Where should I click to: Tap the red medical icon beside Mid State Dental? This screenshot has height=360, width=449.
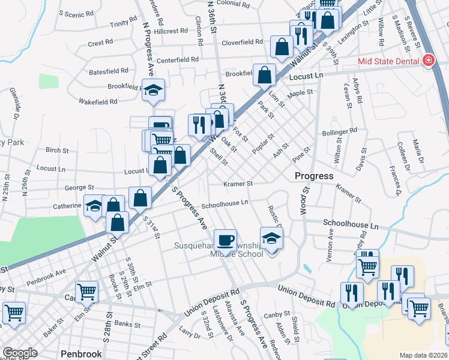tap(428, 60)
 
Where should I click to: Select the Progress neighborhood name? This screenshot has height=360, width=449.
tap(314, 176)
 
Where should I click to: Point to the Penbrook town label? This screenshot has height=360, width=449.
tap(82, 354)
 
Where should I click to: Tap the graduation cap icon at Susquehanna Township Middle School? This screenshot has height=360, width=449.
tap(271, 238)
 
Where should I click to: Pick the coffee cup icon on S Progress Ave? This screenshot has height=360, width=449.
tap(225, 240)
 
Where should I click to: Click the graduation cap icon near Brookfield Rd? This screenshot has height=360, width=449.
tap(153, 90)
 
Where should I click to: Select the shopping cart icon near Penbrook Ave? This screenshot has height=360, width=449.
tap(87, 292)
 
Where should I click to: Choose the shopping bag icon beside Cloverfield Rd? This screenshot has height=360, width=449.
tap(282, 46)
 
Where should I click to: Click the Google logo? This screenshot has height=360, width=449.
tap(20, 353)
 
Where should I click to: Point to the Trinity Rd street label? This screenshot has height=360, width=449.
tap(124, 23)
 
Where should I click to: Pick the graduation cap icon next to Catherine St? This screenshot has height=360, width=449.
tap(94, 207)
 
